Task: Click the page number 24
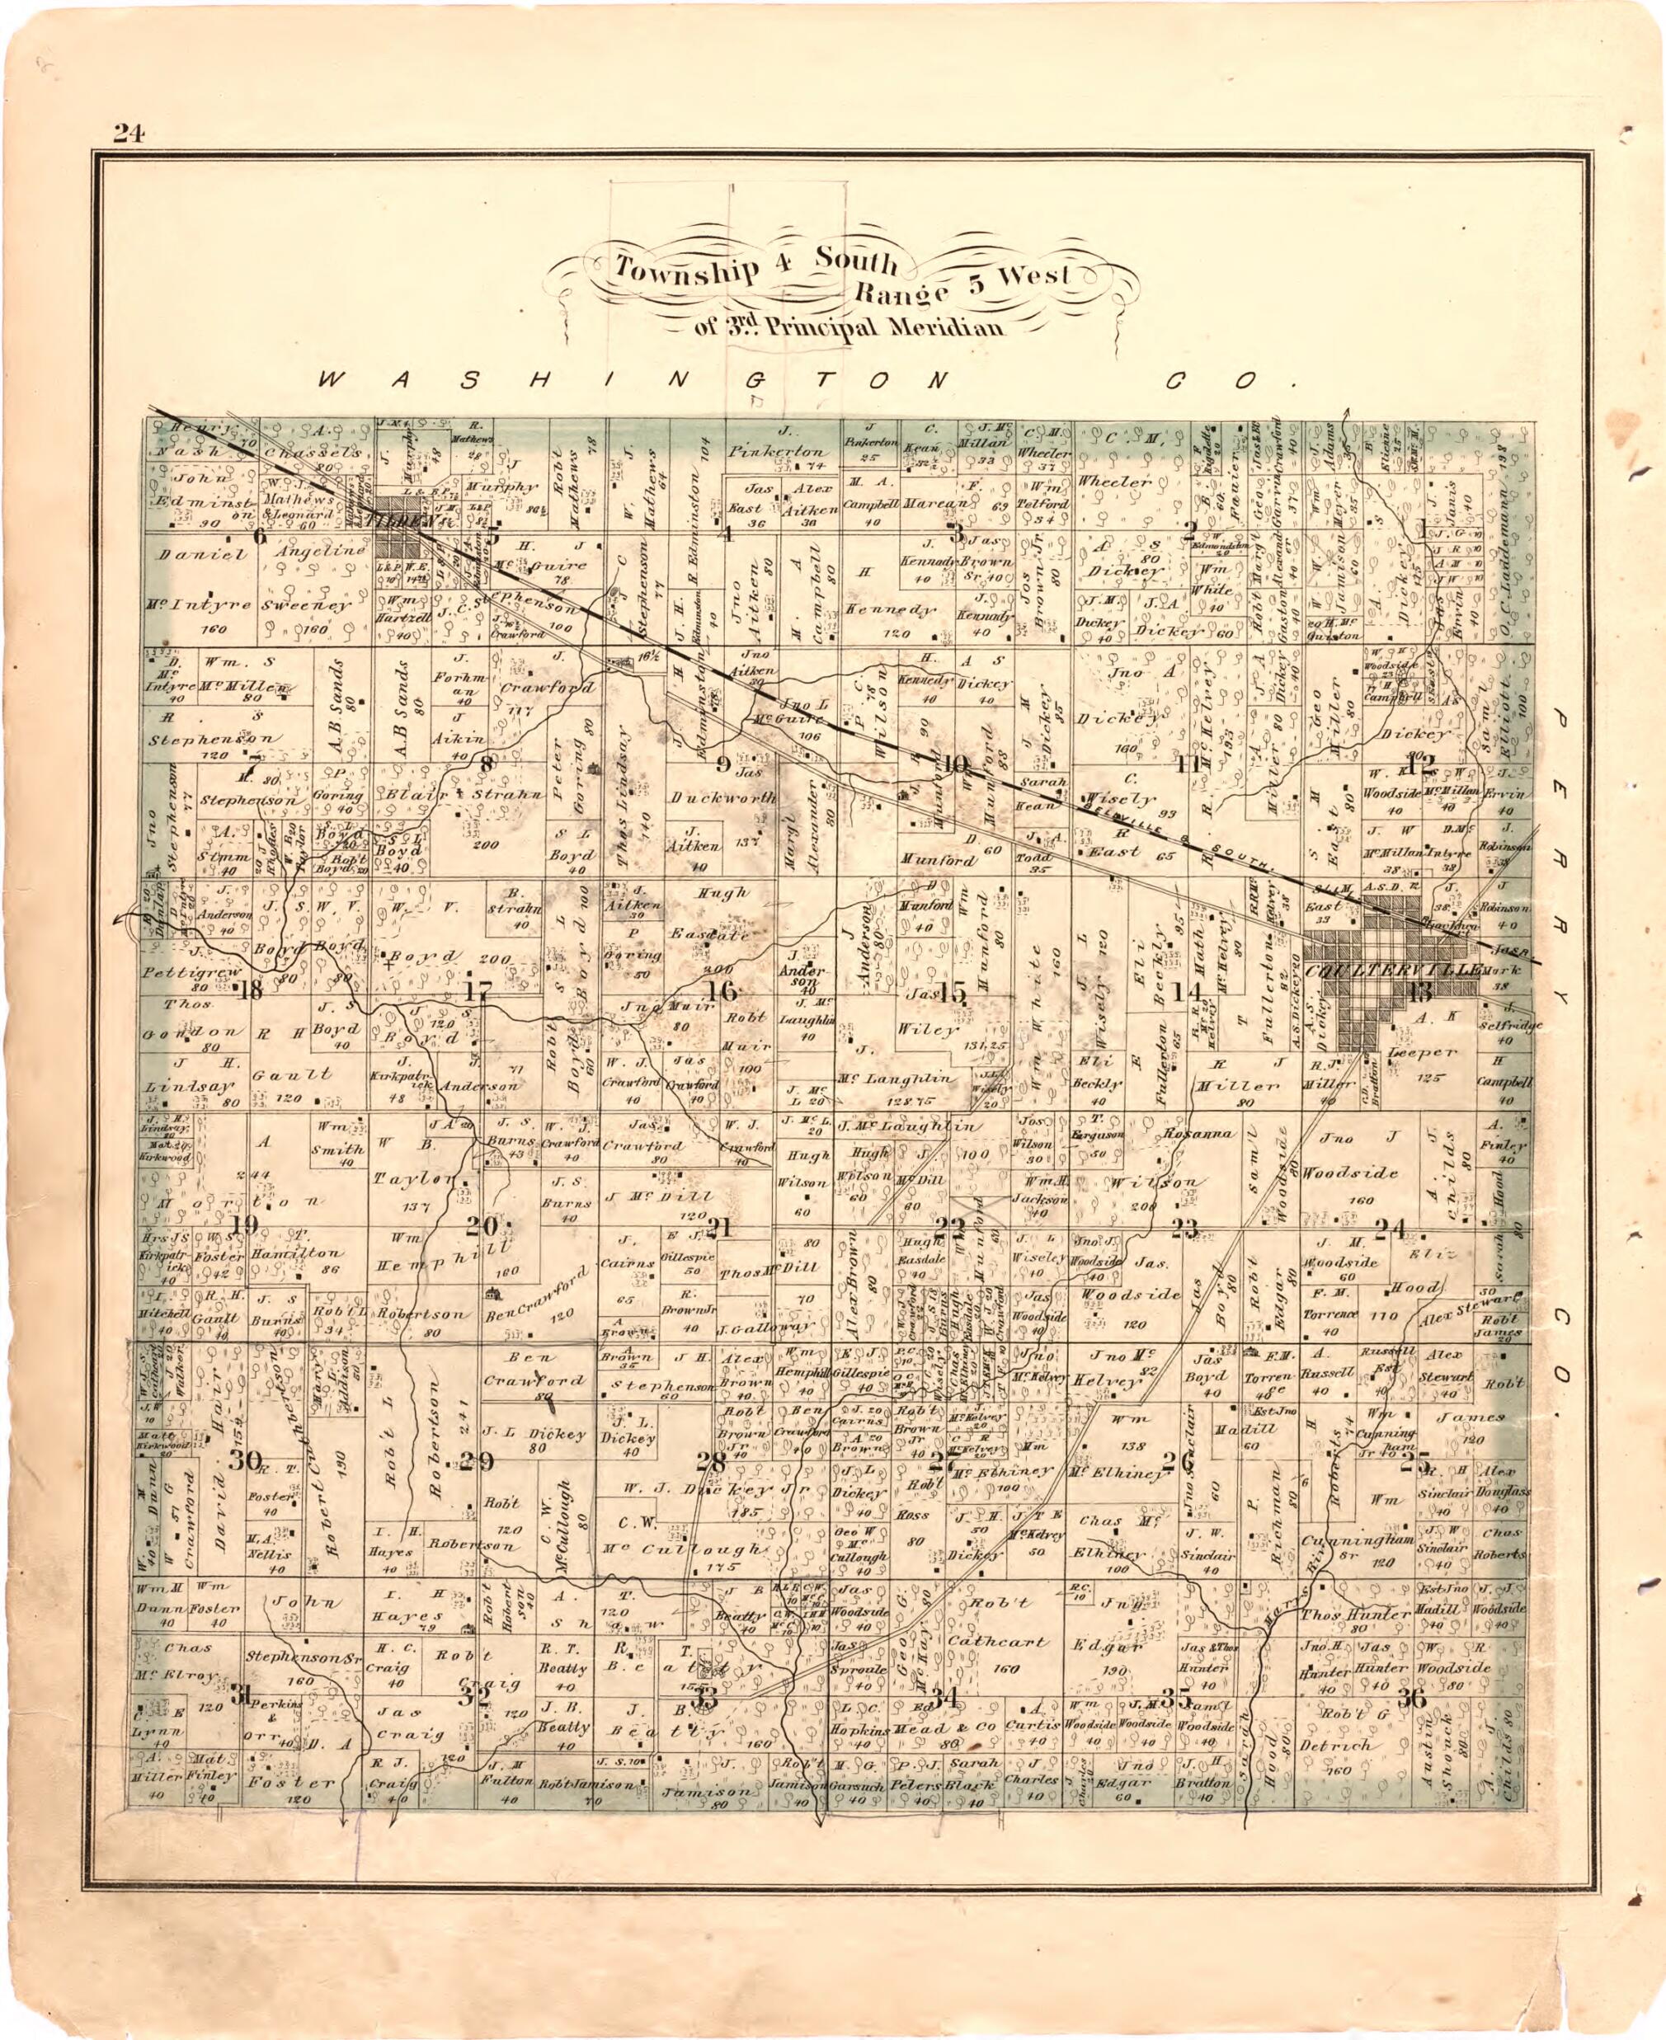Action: [x=128, y=134]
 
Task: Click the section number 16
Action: [x=721, y=991]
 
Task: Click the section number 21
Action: [x=721, y=1225]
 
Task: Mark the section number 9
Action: [x=722, y=764]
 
